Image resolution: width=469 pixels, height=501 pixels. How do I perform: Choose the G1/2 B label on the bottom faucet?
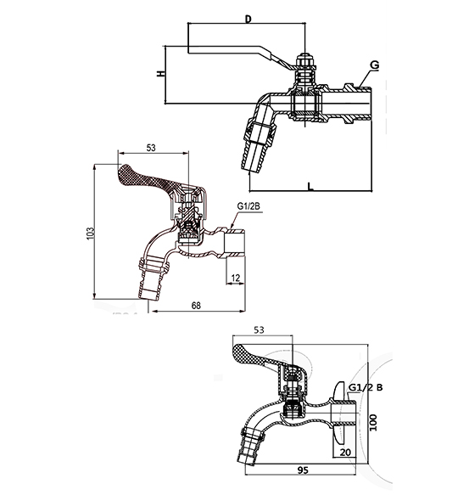[366, 388]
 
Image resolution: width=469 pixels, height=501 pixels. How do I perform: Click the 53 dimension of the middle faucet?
[150, 148]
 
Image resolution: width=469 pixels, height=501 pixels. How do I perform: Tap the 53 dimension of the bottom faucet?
[260, 330]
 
